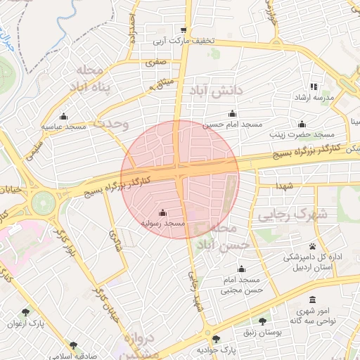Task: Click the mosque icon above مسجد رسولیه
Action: click(163, 212)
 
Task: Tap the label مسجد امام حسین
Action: click(226, 124)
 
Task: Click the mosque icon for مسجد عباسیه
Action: click(64, 116)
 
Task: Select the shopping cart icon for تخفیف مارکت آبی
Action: click(184, 30)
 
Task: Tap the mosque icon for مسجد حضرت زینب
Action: click(302, 124)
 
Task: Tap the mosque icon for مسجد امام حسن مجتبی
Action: click(241, 269)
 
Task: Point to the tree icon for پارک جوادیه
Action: click(216, 338)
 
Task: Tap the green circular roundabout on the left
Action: click(44, 203)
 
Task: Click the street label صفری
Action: click(156, 62)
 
